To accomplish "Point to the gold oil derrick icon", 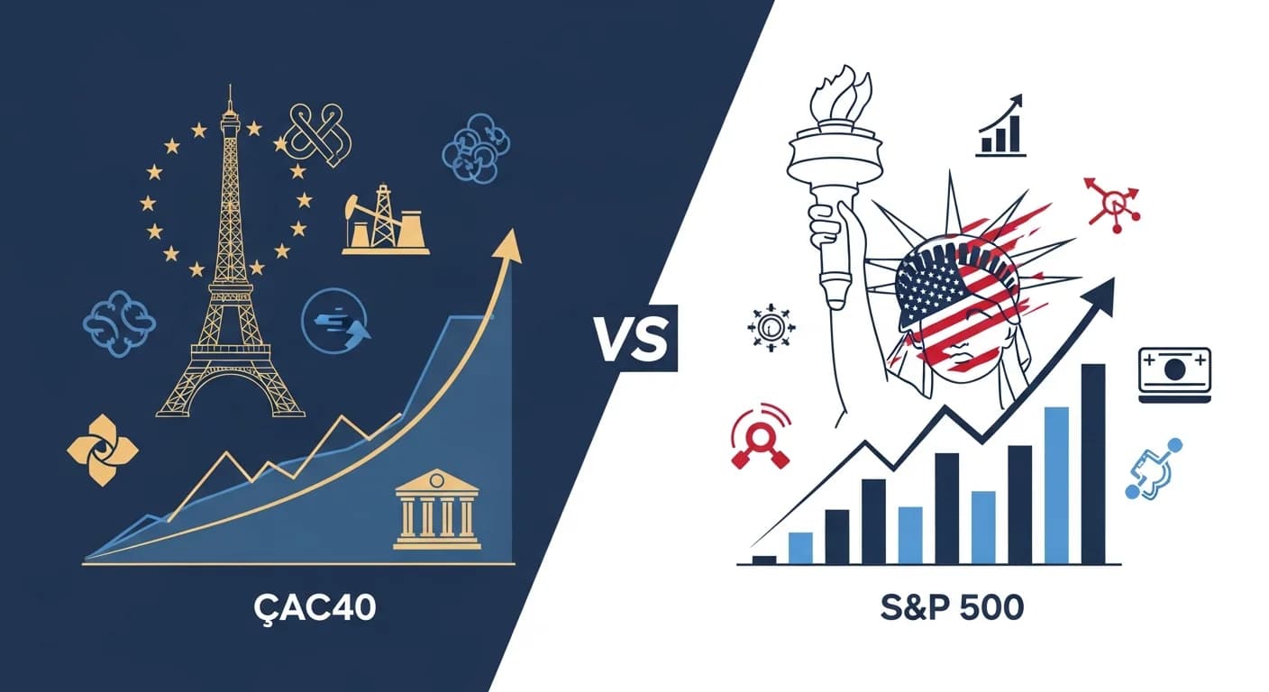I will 385,221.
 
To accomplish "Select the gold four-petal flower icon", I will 104,450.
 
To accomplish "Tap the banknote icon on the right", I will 1175,370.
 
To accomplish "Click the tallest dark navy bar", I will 1092,463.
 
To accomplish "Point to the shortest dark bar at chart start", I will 764,560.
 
